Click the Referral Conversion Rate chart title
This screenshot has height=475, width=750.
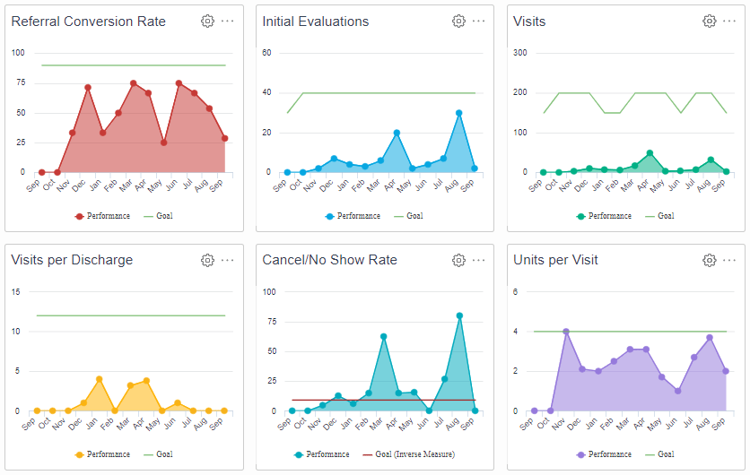[x=88, y=22]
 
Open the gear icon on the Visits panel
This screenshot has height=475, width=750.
[x=709, y=22]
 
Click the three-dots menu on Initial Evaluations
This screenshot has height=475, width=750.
[x=479, y=22]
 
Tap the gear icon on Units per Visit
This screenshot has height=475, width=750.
[x=709, y=260]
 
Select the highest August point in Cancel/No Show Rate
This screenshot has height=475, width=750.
[x=459, y=315]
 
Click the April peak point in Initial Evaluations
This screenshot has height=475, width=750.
[x=397, y=133]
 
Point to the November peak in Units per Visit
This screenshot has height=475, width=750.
[x=566, y=332]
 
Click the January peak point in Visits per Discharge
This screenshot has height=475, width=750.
[x=100, y=379]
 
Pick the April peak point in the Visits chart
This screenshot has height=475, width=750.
[x=650, y=153]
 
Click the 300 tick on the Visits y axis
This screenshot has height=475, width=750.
[x=519, y=53]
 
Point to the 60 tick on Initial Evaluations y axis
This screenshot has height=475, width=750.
[x=267, y=53]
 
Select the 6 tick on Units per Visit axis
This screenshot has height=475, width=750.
[x=515, y=291]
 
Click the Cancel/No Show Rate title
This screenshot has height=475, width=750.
[x=329, y=260]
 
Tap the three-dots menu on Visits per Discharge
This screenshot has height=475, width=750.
[x=228, y=260]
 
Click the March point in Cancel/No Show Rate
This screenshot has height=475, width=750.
[x=383, y=336]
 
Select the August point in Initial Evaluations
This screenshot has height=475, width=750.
[x=458, y=113]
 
